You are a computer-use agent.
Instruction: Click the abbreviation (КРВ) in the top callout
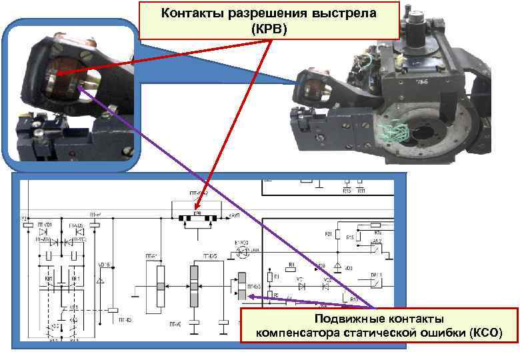pyautogui.click(x=269, y=29)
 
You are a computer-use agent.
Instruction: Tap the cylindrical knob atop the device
pyautogui.click(x=413, y=27)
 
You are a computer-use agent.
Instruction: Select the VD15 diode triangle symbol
pyautogui.click(x=100, y=281)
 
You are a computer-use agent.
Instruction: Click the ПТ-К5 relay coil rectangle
pyautogui.click(x=113, y=309)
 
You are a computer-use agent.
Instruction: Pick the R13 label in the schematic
pyautogui.click(x=354, y=299)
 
